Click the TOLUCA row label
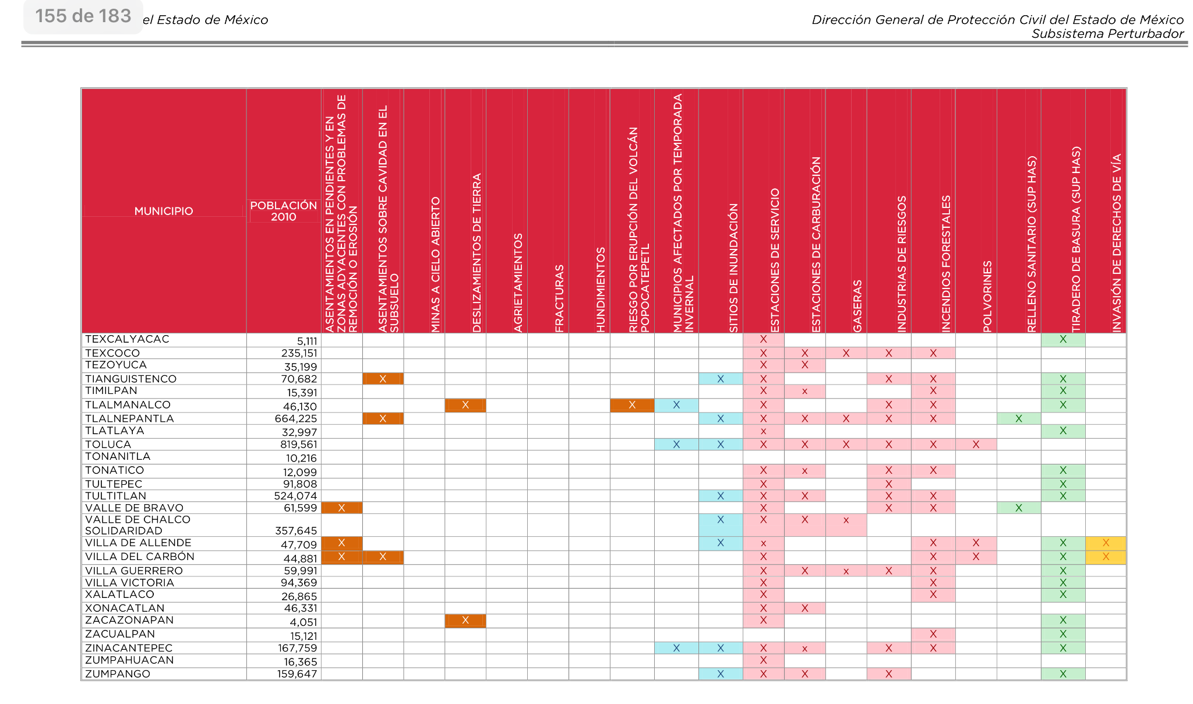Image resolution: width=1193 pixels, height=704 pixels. click(x=108, y=445)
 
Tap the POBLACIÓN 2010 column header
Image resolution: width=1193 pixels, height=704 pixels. click(x=284, y=211)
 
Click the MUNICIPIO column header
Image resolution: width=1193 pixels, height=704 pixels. click(x=164, y=211)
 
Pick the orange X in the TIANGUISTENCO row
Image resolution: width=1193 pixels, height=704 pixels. click(x=383, y=379)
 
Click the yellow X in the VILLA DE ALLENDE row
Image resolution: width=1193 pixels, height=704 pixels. click(x=1106, y=543)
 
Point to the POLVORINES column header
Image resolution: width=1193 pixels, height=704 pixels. click(x=987, y=297)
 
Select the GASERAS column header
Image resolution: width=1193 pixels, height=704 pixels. click(x=857, y=307)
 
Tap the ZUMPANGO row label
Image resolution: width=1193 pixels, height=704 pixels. click(x=118, y=674)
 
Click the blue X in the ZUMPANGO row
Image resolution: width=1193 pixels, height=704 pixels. click(x=721, y=674)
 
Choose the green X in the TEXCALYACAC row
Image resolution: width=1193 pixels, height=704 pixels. click(x=1063, y=339)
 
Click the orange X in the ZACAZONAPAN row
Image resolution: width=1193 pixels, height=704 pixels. click(x=465, y=621)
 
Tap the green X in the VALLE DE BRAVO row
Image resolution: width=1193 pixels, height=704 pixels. click(x=1019, y=508)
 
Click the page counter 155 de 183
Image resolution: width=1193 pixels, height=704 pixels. click(x=83, y=16)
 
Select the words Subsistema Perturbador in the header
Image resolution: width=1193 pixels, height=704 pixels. click(x=1107, y=34)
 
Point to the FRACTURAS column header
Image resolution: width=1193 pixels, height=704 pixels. click(x=559, y=299)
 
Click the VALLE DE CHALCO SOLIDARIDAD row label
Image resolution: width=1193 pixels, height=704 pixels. click(x=138, y=525)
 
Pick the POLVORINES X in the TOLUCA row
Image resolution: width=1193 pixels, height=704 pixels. click(x=976, y=445)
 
